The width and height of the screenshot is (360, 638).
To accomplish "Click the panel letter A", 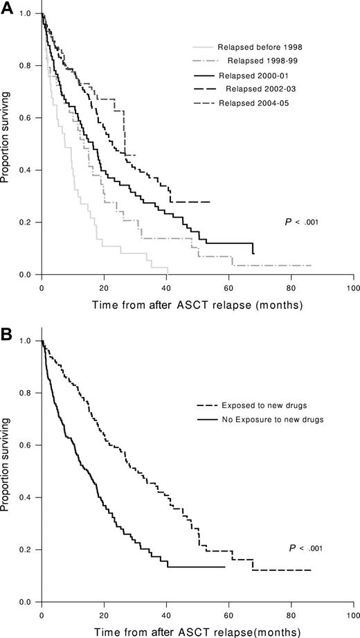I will [x=6, y=6].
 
